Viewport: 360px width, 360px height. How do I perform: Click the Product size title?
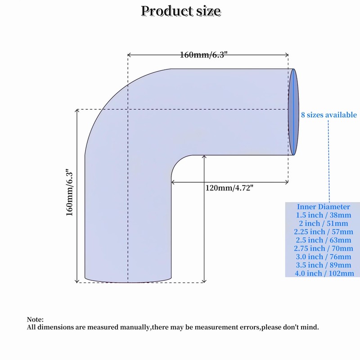[x=180, y=11]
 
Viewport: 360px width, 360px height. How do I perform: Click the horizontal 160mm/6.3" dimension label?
[x=204, y=55]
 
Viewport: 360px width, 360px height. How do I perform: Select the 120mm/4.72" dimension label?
[x=232, y=188]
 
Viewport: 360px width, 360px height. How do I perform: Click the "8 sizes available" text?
[x=328, y=115]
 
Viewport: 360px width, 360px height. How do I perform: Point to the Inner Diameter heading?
[x=323, y=207]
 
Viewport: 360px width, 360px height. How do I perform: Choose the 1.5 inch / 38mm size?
[x=323, y=216]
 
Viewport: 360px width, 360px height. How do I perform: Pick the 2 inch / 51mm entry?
[x=323, y=224]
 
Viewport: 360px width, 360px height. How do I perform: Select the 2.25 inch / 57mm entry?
[x=323, y=232]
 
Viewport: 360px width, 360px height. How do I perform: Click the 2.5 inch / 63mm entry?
[x=323, y=240]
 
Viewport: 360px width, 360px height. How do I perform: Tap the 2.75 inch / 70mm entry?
[x=323, y=248]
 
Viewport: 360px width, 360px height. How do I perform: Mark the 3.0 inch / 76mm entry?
[x=323, y=257]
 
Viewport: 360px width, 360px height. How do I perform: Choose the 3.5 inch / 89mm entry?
[x=323, y=265]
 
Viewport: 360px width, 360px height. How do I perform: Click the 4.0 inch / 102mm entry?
[x=323, y=273]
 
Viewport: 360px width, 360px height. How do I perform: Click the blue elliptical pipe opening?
[x=293, y=112]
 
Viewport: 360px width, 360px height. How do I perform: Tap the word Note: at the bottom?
[x=36, y=319]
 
